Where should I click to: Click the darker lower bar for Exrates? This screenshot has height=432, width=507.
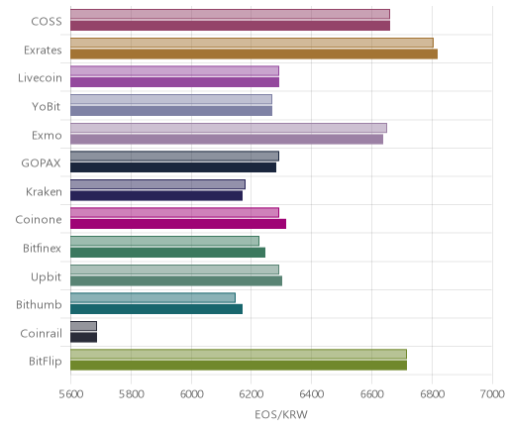pos(253,54)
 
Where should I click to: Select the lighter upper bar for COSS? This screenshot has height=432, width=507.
pos(230,14)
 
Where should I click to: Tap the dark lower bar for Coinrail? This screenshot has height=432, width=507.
pos(83,337)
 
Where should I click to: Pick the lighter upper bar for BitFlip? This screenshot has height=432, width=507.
pos(239,354)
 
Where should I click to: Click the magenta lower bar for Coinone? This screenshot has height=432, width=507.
pos(178,224)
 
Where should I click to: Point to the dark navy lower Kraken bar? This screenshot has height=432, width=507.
pos(156,195)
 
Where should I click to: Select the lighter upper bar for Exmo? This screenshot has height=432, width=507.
pos(229,128)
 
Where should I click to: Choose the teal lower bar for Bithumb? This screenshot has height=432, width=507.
pos(156,309)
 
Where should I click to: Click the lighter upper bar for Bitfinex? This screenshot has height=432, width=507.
pos(164,241)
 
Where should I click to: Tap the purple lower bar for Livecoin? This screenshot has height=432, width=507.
pos(174,82)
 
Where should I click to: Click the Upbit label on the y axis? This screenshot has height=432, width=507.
pos(46,276)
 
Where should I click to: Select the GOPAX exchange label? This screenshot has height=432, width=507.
pos(41,163)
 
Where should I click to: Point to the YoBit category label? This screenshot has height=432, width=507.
pos(47,106)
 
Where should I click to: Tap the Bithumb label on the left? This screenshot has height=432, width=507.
pos(39,304)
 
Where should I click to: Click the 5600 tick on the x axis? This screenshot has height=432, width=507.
pos(70,394)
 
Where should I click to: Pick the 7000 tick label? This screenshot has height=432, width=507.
pos(492,394)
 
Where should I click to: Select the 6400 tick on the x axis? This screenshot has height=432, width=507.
pos(312,394)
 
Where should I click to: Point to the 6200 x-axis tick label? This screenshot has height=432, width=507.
pos(251,394)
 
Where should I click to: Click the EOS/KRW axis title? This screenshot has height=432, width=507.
pos(281,414)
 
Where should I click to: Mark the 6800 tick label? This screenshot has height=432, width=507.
pos(432,394)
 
